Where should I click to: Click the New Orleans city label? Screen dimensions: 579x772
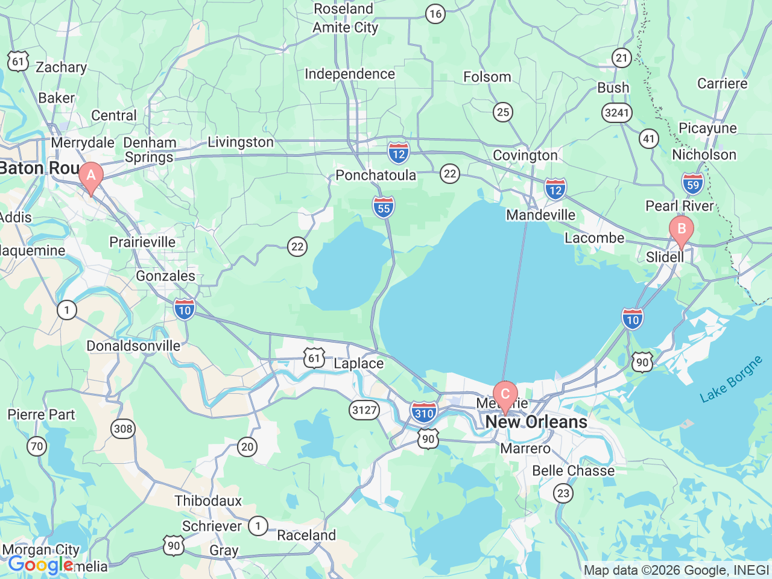tap(536, 422)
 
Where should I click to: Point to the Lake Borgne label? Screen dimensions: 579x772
tap(731, 380)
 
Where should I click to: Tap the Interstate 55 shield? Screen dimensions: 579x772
tap(384, 207)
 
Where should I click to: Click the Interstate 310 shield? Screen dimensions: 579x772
tap(424, 413)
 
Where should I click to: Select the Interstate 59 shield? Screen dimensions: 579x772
tap(693, 184)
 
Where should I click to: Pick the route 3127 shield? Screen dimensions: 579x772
tap(364, 410)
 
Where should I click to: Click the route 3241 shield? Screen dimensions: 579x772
tap(616, 112)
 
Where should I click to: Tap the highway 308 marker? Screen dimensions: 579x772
tap(123, 429)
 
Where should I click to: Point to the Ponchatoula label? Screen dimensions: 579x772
tap(376, 175)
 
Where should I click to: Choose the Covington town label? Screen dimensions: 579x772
tap(525, 155)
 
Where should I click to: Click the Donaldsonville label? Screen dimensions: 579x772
tap(133, 346)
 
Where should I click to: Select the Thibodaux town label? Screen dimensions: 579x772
tap(208, 501)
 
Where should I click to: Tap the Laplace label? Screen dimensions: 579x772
tap(358, 363)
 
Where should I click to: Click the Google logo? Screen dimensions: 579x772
tap(40, 565)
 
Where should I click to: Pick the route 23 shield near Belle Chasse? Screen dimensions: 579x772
tap(563, 493)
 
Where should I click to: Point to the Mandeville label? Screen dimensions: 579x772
tap(541, 215)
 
